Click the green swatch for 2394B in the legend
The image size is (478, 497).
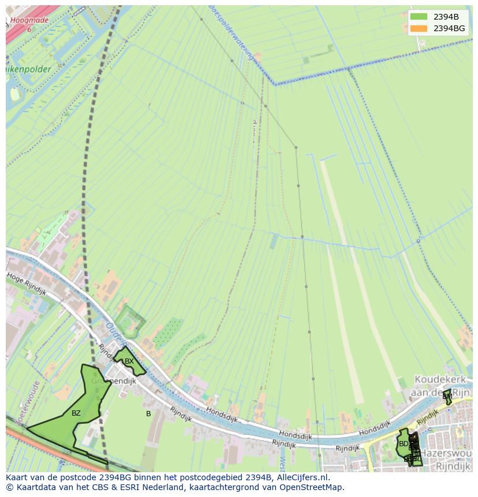pyautogui.click(x=419, y=17)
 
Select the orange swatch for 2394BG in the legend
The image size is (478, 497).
pyautogui.click(x=419, y=28)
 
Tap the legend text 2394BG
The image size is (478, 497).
pyautogui.click(x=449, y=28)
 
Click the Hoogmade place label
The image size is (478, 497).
pyautogui.click(x=29, y=20)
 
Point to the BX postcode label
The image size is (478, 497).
pyautogui.click(x=129, y=361)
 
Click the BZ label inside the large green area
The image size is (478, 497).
pyautogui.click(x=76, y=413)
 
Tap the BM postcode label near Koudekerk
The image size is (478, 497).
pyautogui.click(x=447, y=397)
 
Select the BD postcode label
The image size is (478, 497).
pyautogui.click(x=404, y=444)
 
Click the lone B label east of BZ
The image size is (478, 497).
pyautogui.click(x=148, y=414)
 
